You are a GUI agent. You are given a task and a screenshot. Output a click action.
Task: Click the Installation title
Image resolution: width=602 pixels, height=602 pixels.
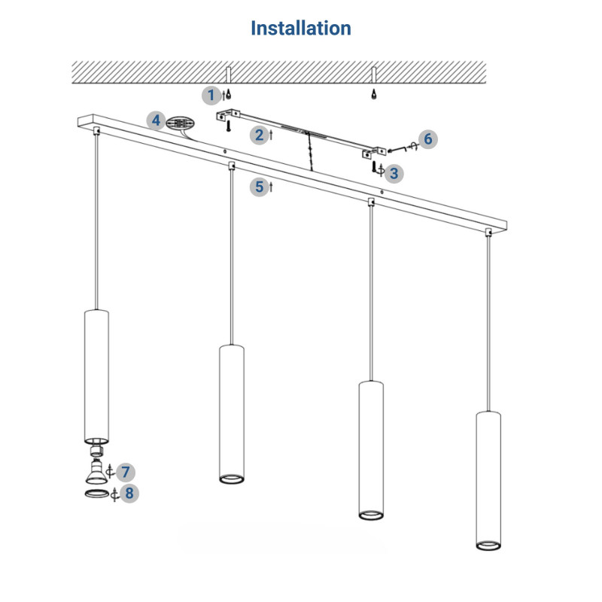pos(301,29)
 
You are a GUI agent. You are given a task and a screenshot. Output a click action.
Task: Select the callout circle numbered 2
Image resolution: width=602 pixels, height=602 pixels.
pos(260,135)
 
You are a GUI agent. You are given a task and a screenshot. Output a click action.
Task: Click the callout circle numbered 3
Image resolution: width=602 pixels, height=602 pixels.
pos(394,172)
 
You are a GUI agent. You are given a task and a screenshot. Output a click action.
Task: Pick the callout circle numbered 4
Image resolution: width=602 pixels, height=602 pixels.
pos(156,120)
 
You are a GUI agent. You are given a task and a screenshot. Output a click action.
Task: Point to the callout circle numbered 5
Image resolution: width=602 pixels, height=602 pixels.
pos(260,186)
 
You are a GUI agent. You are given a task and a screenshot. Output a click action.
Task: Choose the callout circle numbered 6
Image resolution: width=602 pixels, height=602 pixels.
pos(427,138)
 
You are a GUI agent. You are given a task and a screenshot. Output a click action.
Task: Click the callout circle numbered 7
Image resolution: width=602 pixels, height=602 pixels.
pos(126,473)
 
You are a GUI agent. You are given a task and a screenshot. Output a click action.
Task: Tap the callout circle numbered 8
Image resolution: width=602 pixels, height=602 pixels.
pos(129,494)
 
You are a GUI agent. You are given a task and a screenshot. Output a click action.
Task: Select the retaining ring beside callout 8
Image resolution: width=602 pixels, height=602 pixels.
pos(95,494)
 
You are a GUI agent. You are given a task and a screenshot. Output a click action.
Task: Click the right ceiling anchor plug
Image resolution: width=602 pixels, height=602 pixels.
pos(373,95)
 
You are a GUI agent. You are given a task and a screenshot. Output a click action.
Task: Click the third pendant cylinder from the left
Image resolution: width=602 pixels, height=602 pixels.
pos(370,449)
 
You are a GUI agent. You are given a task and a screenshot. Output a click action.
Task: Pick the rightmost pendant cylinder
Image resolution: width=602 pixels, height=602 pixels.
pos(488,479)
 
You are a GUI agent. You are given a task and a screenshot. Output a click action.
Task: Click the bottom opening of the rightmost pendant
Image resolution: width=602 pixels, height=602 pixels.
pos(488,543)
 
